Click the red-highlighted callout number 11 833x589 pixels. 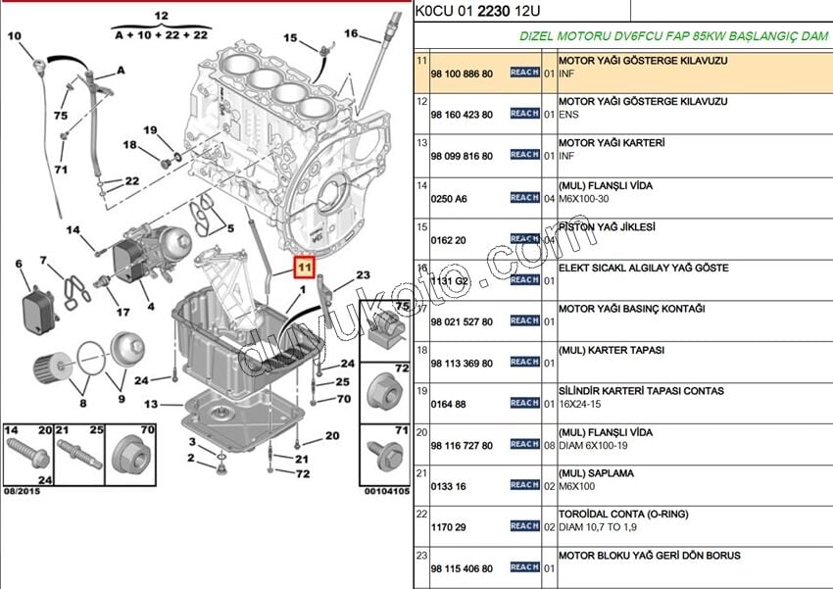(305, 266)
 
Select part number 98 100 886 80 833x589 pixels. (462, 74)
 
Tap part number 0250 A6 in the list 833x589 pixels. (449, 199)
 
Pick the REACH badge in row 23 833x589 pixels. (524, 567)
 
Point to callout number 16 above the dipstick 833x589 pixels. (351, 33)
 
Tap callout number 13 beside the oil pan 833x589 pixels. (150, 404)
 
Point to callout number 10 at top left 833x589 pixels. (14, 36)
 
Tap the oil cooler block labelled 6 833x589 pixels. (38, 308)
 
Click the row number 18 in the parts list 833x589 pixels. (422, 349)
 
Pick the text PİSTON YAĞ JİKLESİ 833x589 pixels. (607, 227)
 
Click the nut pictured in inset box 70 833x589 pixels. (129, 455)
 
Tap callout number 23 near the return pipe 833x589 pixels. (363, 275)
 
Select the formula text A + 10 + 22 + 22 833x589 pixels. (162, 33)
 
